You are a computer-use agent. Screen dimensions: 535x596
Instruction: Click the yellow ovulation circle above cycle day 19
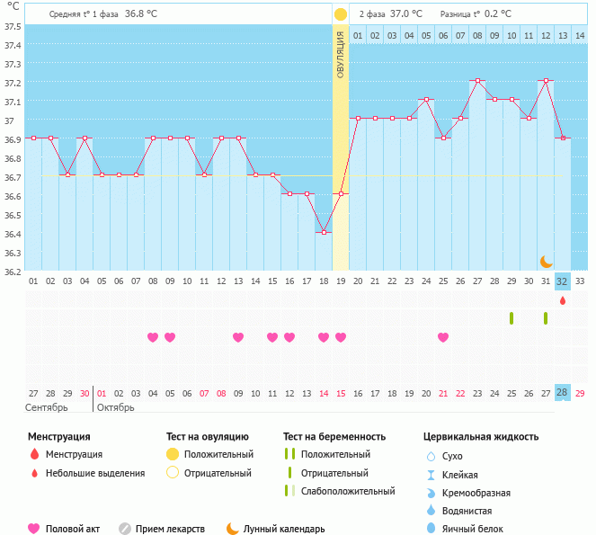tap(341, 14)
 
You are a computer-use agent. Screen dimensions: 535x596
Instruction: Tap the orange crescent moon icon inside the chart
tap(546, 261)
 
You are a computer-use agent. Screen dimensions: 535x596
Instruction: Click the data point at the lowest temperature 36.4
tap(324, 232)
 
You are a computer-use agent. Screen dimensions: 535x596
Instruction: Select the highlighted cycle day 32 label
tap(563, 281)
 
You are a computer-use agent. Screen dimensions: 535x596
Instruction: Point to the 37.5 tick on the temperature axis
tap(13, 26)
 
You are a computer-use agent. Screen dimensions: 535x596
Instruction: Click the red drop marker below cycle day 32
tap(563, 300)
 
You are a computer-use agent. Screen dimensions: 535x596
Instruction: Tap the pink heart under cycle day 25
tap(443, 337)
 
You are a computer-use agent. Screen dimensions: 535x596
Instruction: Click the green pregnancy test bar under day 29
tap(511, 318)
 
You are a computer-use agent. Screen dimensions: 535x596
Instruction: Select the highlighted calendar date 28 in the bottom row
tap(563, 393)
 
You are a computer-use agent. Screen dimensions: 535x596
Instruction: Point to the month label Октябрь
tap(115, 407)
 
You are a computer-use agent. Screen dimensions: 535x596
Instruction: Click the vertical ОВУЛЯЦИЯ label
tap(341, 54)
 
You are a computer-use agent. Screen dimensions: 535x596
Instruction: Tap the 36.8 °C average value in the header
tap(141, 13)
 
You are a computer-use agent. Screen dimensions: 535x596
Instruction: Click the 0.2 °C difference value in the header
tap(498, 13)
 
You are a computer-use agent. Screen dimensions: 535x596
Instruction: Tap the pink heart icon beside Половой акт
tap(34, 529)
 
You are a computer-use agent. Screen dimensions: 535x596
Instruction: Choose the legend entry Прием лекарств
tap(170, 529)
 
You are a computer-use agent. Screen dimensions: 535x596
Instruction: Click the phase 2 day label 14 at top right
tap(580, 35)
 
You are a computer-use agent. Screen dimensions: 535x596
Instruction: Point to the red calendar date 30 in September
tap(85, 393)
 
